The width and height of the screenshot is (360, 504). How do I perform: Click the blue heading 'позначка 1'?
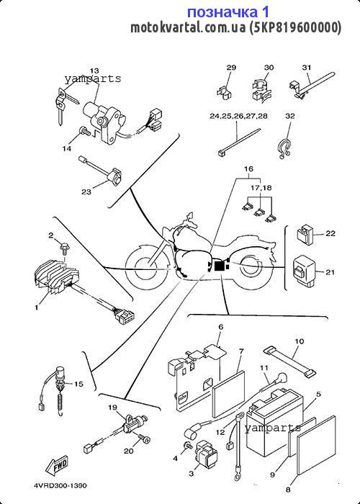(x=228, y=12)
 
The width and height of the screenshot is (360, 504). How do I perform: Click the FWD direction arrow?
(x=57, y=465)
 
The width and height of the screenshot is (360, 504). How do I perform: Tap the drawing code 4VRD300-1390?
(x=60, y=485)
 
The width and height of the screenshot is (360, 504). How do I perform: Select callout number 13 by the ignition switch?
(x=94, y=71)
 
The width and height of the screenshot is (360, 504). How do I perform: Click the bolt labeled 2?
(x=65, y=247)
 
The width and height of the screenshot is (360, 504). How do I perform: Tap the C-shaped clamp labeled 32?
(x=284, y=148)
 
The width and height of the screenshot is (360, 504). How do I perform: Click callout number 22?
(x=330, y=233)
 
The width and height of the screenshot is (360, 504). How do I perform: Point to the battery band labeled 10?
(x=288, y=361)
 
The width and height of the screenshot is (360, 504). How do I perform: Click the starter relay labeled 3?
(x=206, y=454)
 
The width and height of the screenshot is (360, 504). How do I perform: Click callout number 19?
(x=112, y=408)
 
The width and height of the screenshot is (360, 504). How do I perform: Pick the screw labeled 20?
(x=144, y=438)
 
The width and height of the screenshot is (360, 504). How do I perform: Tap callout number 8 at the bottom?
(x=288, y=490)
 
